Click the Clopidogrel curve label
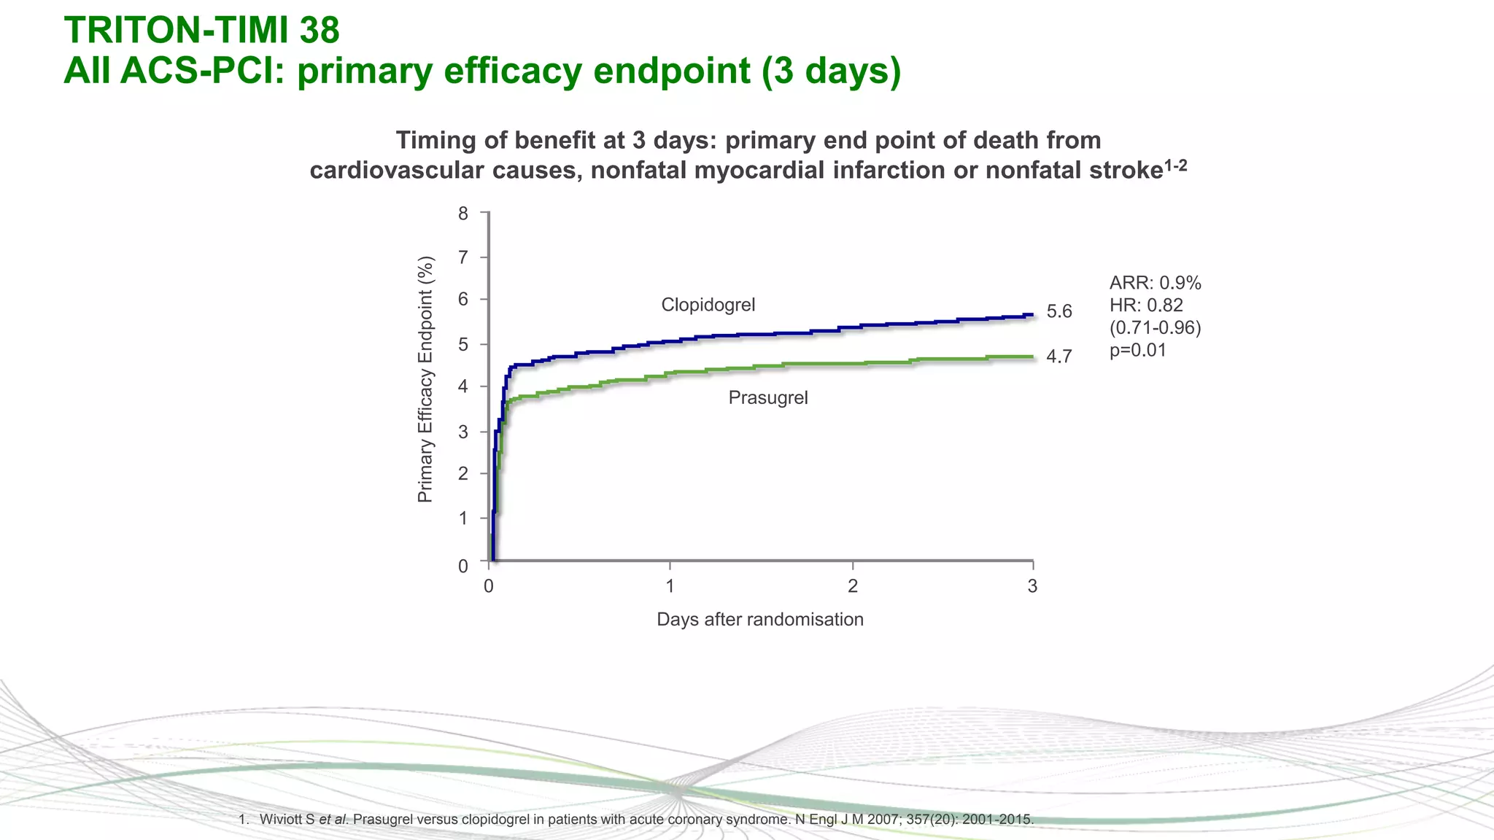coord(708,305)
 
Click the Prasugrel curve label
coord(767,398)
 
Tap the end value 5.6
coord(1058,312)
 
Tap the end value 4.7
coord(1058,357)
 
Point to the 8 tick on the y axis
coord(463,214)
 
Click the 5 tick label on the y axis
coord(463,344)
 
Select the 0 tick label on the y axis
coord(463,566)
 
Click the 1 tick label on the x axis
coord(670,586)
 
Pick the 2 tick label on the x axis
coord(852,586)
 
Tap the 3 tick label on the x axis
coord(1032,586)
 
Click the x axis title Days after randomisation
coord(759,620)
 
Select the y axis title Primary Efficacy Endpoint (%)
coord(425,379)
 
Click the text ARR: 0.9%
coord(1155,283)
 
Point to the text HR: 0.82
coord(1146,306)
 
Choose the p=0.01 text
coord(1137,351)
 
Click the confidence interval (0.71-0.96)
coord(1155,328)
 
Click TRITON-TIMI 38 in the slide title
coord(202,31)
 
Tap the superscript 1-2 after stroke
coord(1175,166)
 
